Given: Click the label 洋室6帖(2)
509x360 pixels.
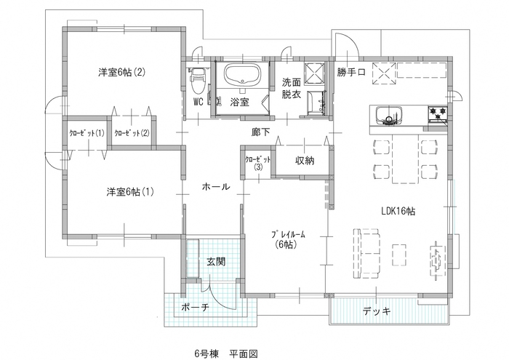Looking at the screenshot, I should click(123, 72).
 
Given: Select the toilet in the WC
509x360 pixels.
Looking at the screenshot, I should click(196, 79).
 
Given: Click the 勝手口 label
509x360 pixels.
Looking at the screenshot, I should click(350, 73).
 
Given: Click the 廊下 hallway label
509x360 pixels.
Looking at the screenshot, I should click(260, 132).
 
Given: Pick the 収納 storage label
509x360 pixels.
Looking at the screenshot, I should click(305, 161).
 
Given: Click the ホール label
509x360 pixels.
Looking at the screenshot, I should click(216, 187).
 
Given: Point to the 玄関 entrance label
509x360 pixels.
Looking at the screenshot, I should click(215, 262).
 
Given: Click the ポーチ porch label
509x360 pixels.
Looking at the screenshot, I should click(195, 308).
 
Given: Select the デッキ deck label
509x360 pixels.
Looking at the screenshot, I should click(376, 311).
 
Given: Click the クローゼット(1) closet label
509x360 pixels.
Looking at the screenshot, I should click(87, 133).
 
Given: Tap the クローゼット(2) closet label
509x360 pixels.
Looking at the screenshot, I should click(132, 133).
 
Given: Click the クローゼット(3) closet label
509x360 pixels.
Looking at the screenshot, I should click(258, 162).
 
